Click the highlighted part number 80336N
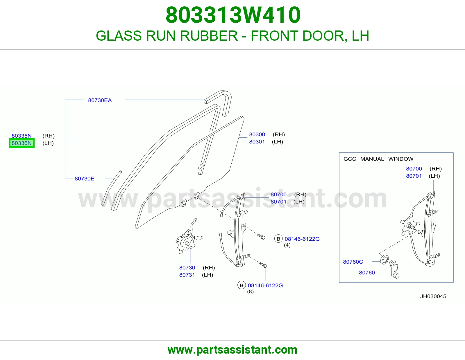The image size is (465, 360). click(22, 143)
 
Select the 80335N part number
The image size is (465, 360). click(22, 136)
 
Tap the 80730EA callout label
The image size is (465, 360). click(100, 100)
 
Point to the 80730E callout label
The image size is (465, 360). click(84, 179)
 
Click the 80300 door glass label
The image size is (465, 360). click(257, 134)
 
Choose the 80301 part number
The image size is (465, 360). click(257, 142)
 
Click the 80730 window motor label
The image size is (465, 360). click(187, 268)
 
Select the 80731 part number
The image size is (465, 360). click(187, 275)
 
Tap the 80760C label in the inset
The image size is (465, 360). click(353, 262)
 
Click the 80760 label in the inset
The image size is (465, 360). click(367, 273)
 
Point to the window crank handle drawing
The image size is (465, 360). click(394, 269)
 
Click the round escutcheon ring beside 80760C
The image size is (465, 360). click(384, 260)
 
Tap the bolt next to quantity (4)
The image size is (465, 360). click(261, 236)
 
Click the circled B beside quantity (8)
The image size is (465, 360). click(242, 285)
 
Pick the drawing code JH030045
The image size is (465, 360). click(433, 296)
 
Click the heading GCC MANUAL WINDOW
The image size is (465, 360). click(378, 159)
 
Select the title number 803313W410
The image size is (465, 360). click(233, 15)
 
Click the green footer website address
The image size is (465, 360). click(233, 350)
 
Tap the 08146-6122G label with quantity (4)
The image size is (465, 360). click(302, 239)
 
